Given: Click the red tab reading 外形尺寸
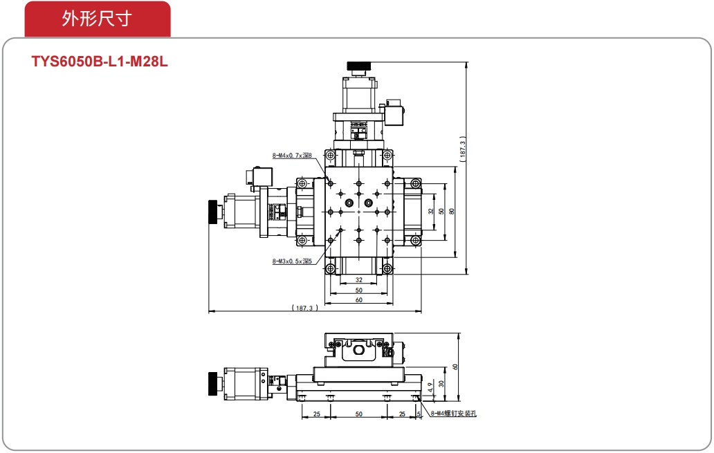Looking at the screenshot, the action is [98, 19].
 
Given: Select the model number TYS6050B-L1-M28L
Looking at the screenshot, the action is [99, 62].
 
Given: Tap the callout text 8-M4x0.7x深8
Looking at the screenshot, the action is [292, 156].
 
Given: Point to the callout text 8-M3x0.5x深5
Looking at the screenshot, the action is [292, 261].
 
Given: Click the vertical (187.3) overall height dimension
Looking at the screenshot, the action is [463, 149].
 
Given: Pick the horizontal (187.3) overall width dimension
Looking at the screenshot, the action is [304, 308].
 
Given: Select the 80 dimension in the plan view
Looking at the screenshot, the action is [452, 211].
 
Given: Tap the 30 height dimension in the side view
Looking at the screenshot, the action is [441, 384].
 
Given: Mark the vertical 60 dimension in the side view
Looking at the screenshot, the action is [455, 367].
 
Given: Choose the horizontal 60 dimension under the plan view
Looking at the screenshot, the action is [359, 300].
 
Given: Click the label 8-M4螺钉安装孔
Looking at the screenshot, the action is [454, 414].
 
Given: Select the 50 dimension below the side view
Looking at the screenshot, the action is [359, 414].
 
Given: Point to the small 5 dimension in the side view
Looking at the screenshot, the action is [419, 414].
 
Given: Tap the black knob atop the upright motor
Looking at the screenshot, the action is [359, 66].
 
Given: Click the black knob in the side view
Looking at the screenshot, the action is [212, 384].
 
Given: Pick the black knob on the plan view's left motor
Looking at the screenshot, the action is [212, 212].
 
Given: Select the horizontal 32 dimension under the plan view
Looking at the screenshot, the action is [359, 280].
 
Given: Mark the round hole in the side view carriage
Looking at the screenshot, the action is [359, 351].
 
